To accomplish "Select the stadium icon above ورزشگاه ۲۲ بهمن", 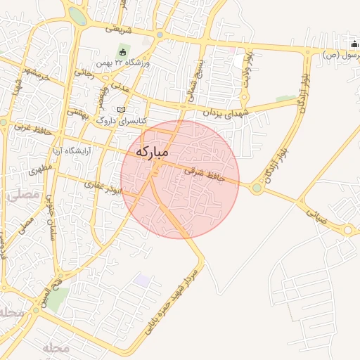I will pyautogui.click(x=122, y=52).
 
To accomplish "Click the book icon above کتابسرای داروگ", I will pyautogui.click(x=122, y=110).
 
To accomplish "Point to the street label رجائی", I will pyautogui.click(x=84, y=72).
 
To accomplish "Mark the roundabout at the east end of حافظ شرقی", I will pyautogui.click(x=257, y=188).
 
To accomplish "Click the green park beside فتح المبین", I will pyautogui.click(x=58, y=300).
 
